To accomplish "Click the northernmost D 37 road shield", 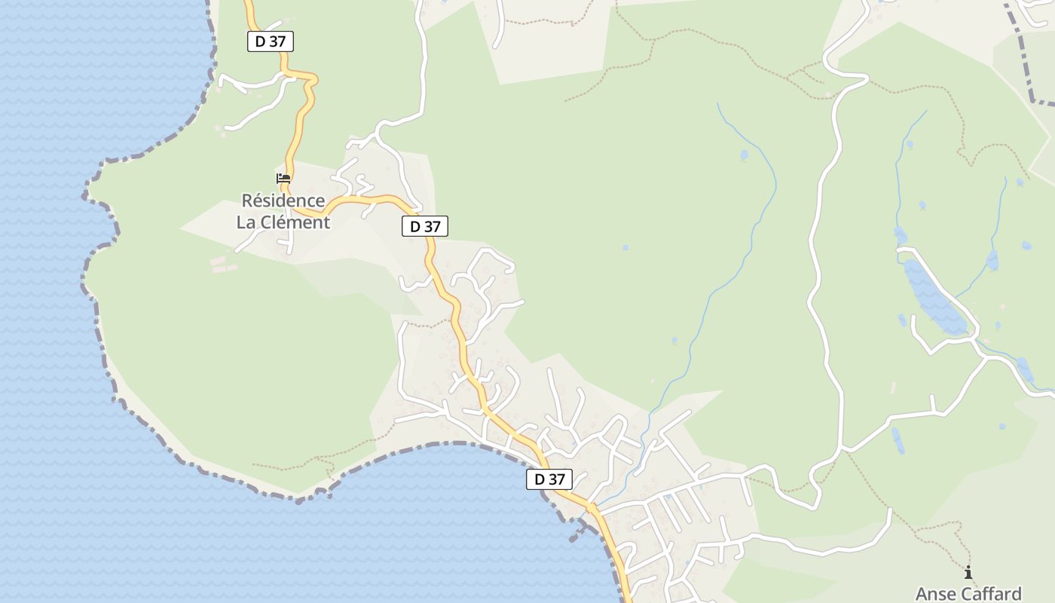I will pyautogui.click(x=270, y=41).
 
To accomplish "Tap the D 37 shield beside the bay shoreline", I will pyautogui.click(x=549, y=479).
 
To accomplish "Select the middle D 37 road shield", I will pyautogui.click(x=425, y=226).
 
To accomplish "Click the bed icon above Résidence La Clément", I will pyautogui.click(x=283, y=179).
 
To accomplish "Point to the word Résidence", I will pyautogui.click(x=283, y=201).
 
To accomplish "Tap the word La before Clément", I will pyautogui.click(x=248, y=222).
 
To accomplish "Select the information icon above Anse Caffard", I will pyautogui.click(x=968, y=573).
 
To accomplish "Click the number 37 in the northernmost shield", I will pyautogui.click(x=277, y=41).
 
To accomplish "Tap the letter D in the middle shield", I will pyautogui.click(x=414, y=226).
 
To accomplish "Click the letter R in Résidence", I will pyautogui.click(x=246, y=201).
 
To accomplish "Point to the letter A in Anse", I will pyautogui.click(x=922, y=594).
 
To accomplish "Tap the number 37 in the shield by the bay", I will pyautogui.click(x=556, y=479).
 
